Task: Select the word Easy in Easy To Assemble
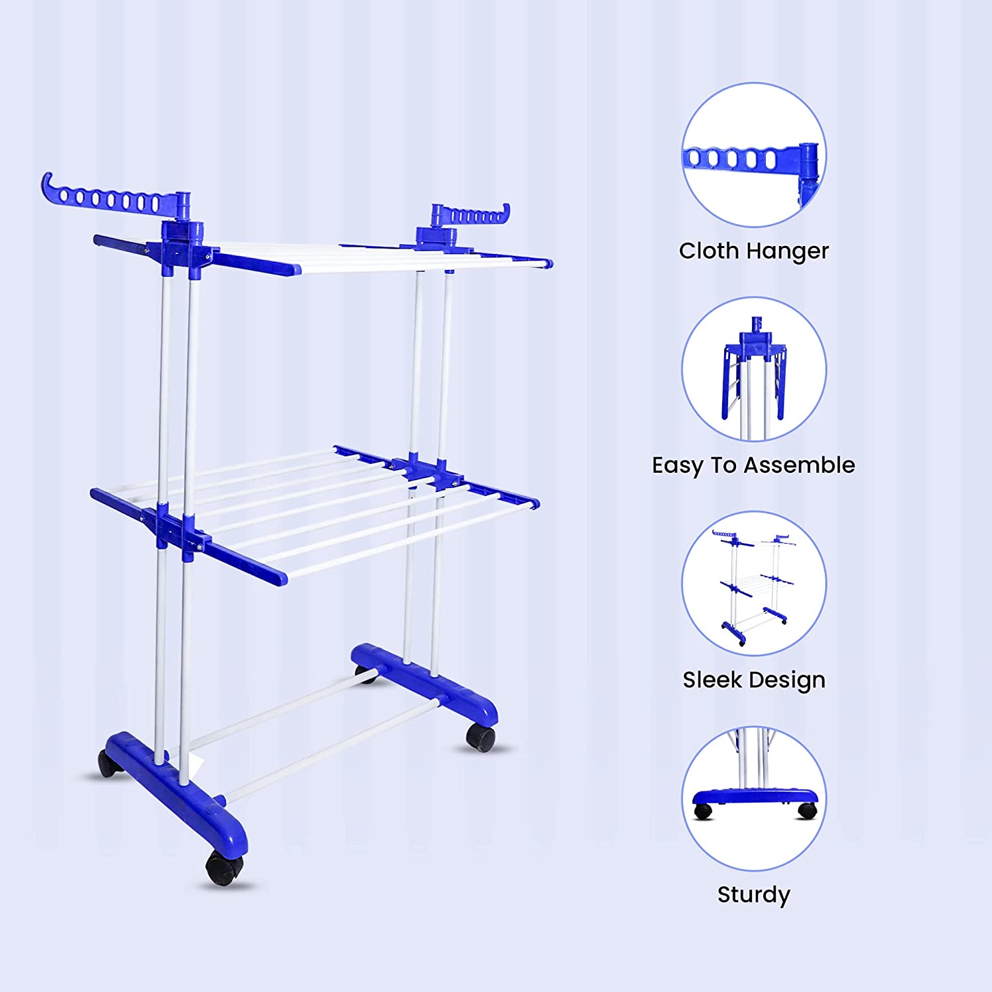(x=677, y=466)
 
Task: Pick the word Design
(x=788, y=681)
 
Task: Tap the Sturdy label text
(x=753, y=895)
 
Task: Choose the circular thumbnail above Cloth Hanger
(x=754, y=155)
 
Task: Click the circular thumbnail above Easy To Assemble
(x=754, y=369)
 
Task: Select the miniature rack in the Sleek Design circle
(x=754, y=585)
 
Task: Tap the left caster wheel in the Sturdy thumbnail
(x=703, y=811)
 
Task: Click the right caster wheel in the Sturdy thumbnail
(x=807, y=810)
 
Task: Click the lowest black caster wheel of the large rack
(x=223, y=868)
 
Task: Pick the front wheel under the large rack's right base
(x=480, y=737)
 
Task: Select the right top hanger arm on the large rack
(x=471, y=216)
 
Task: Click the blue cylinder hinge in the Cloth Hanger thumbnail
(x=810, y=162)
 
